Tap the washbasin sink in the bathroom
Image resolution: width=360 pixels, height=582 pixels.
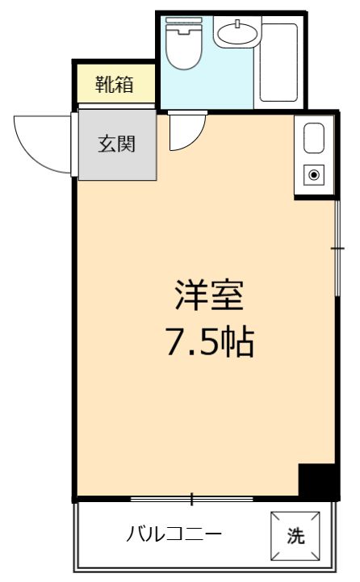[x=237, y=34]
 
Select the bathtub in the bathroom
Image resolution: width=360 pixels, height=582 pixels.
[x=280, y=63]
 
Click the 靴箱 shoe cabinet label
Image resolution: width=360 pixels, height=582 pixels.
[x=114, y=83]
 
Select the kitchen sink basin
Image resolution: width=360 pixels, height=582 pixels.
[x=313, y=139]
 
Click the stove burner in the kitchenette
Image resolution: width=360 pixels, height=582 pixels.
[x=313, y=174]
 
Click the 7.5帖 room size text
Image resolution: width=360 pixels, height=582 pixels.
[x=209, y=343]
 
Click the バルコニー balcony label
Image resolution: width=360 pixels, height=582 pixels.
[x=174, y=535]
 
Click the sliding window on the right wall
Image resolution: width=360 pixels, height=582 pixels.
[x=337, y=250]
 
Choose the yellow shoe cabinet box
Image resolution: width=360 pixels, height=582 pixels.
[x=114, y=83]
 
